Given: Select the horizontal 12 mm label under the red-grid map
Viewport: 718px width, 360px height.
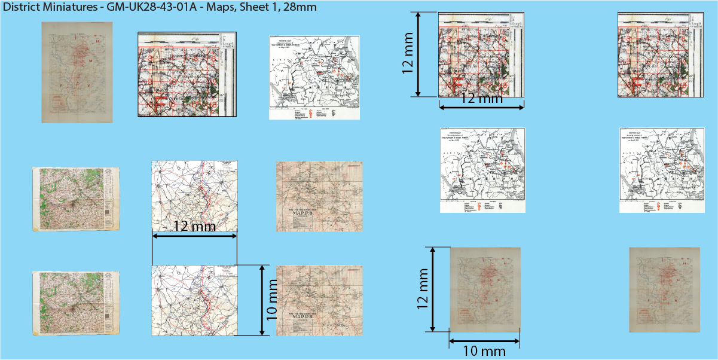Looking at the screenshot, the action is coord(482,99).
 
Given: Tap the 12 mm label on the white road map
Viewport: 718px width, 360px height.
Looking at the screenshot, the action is coord(194,227).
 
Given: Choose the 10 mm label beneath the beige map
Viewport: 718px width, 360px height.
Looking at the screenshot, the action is coord(484,351).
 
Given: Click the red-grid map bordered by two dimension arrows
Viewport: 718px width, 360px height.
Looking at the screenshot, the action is coord(481,55).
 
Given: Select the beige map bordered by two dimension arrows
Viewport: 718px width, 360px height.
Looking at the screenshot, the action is coord(485,289).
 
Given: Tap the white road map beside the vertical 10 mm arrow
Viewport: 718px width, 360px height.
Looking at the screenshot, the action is coord(194,301).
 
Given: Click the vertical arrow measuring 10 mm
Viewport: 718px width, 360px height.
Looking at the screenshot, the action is coord(262,300).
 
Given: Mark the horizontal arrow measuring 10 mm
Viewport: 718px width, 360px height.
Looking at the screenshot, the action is coord(484,341).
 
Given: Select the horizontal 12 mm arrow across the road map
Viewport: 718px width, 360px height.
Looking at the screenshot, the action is coord(194,237).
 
